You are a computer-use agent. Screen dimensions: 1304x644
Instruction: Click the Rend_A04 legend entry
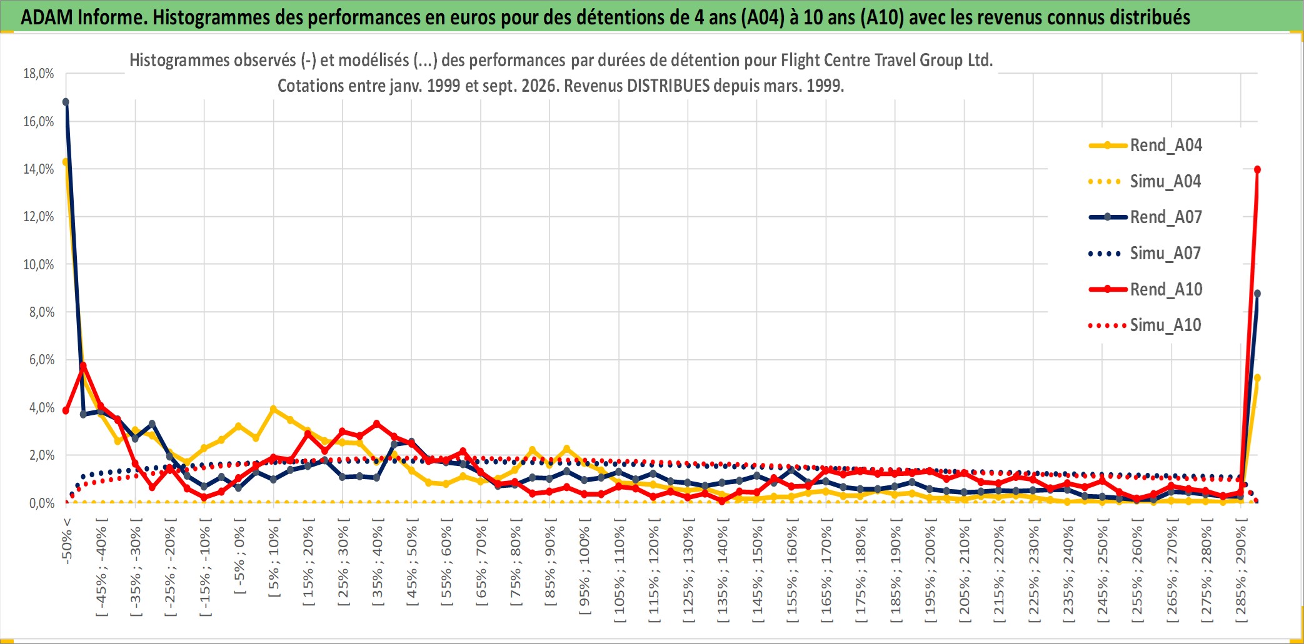tap(1145, 146)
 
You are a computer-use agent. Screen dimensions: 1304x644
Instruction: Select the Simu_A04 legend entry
tap(1145, 182)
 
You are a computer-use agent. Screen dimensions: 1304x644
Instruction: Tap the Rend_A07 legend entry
tap(1145, 217)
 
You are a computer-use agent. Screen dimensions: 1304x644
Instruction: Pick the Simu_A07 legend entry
tap(1145, 254)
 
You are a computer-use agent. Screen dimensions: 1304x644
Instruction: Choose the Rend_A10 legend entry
tap(1145, 289)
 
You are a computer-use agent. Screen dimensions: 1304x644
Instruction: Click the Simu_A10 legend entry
tap(1145, 325)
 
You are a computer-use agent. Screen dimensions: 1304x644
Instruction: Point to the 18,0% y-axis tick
tap(39, 74)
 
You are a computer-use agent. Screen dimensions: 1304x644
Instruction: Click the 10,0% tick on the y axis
tap(39, 264)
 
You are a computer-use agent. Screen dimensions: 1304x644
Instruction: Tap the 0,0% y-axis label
tap(42, 503)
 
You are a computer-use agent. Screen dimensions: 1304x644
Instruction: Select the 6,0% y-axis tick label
tap(42, 360)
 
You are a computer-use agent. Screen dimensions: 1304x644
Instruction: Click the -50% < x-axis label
tap(67, 541)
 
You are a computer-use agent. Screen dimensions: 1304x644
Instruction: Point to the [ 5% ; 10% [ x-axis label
tap(274, 557)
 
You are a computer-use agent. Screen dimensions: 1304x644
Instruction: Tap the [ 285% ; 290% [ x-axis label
tap(1241, 570)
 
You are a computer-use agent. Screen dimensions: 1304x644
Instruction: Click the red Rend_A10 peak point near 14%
tap(1257, 169)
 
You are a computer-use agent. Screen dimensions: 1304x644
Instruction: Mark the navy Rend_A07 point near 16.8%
tap(66, 102)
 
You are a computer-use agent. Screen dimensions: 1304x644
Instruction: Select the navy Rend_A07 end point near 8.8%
tap(1257, 294)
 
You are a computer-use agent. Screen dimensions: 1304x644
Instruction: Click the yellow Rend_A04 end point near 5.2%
tap(1257, 378)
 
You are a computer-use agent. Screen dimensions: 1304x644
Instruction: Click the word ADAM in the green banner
tap(47, 17)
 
